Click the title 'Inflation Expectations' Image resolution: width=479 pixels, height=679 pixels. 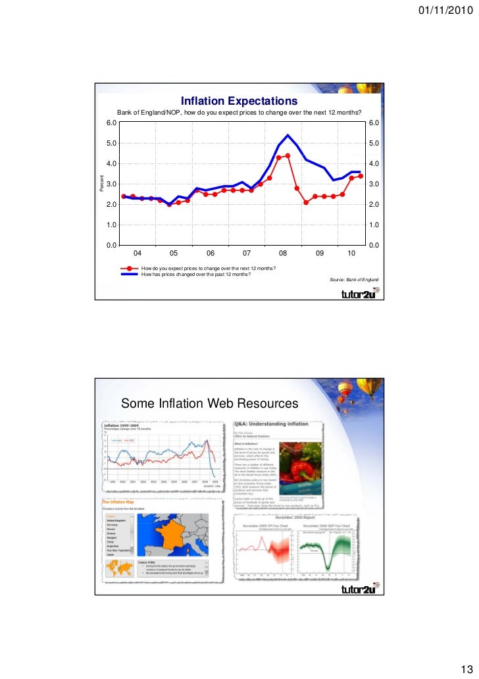point(239,101)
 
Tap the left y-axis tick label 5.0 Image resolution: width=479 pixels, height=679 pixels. point(112,143)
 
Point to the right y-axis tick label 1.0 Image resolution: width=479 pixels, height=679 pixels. point(374,225)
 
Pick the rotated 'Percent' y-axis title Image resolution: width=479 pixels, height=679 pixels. point(101,184)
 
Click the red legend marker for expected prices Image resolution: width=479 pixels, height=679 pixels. point(130,269)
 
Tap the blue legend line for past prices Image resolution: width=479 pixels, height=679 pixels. point(130,274)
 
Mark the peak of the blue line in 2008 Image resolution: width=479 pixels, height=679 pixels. point(288,135)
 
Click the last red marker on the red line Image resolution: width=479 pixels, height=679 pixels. point(361,177)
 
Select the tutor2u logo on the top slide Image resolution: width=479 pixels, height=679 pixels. point(357,294)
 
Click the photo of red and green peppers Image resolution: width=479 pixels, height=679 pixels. point(302,466)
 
